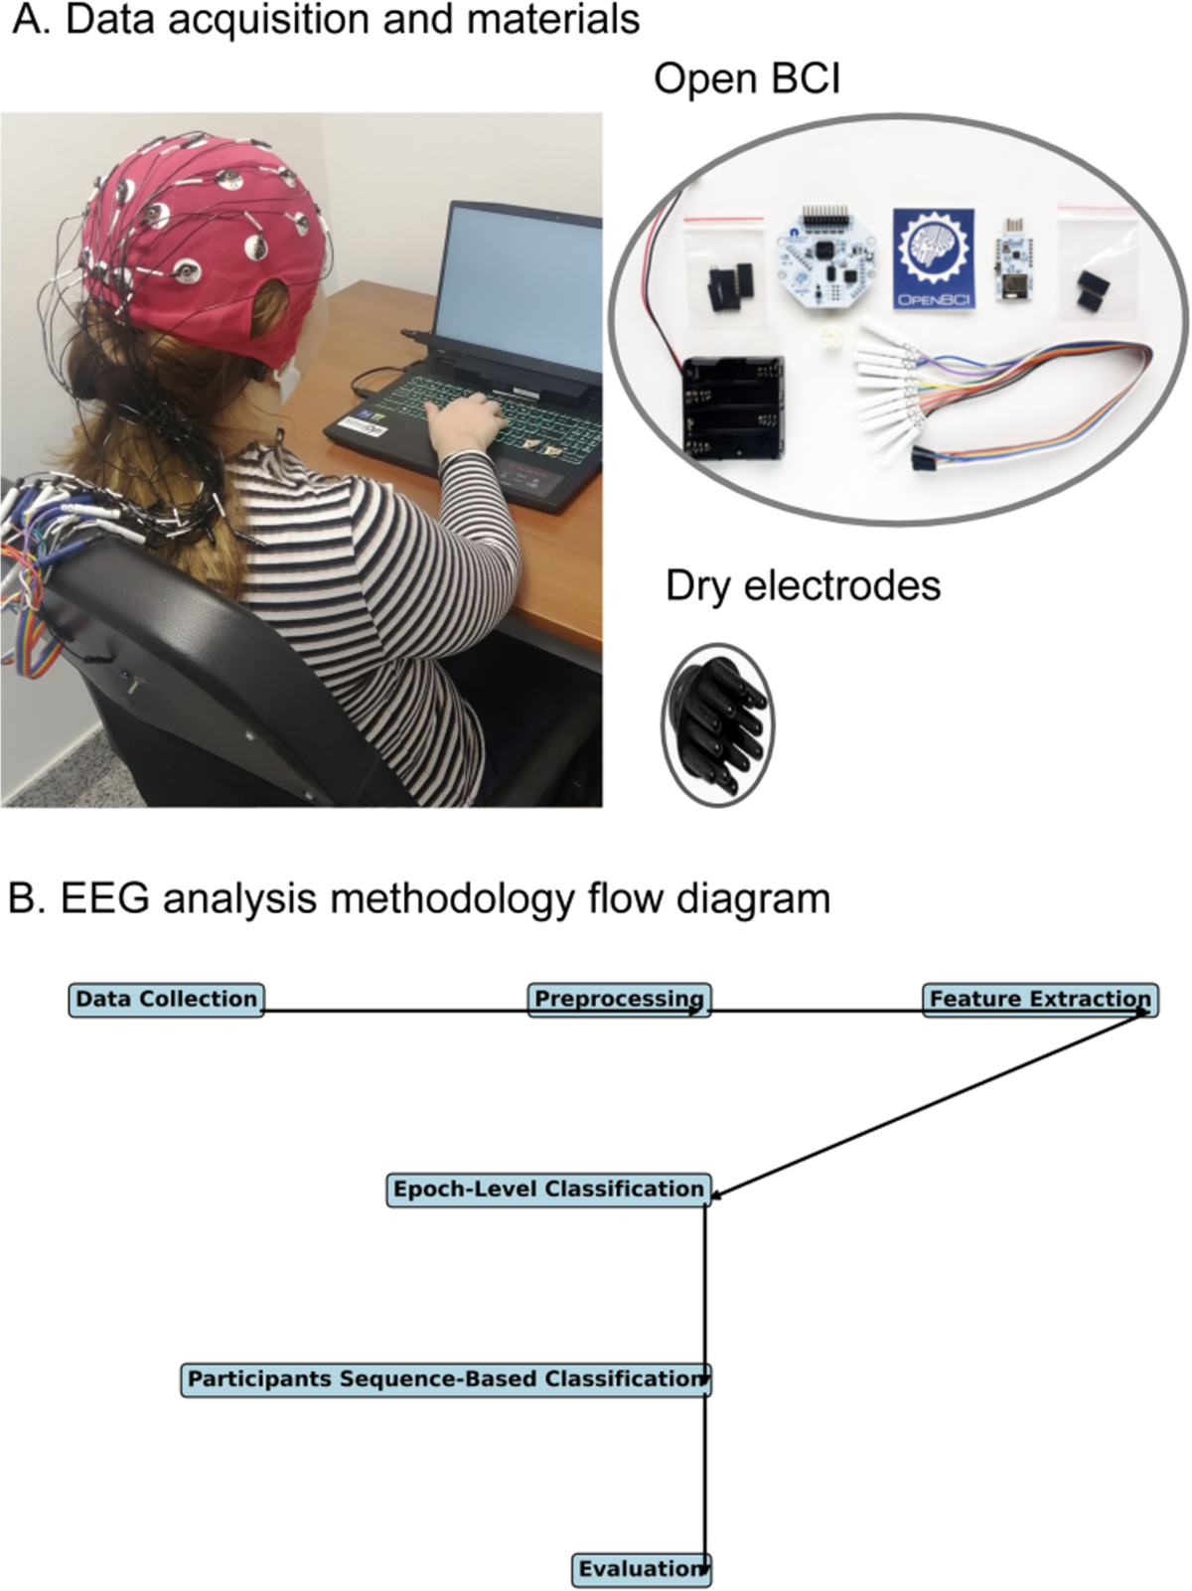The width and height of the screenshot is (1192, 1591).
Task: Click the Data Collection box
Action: [x=166, y=999]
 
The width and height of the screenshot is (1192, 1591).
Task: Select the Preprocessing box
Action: [x=619, y=999]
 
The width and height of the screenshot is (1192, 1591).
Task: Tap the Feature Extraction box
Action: [x=1040, y=999]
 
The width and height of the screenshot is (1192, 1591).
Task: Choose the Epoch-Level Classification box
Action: [x=548, y=1190]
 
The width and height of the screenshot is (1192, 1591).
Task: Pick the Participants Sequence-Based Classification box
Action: [x=446, y=1379]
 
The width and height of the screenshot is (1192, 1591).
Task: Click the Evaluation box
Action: [x=642, y=1569]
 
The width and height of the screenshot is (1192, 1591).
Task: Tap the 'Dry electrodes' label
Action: [x=803, y=585]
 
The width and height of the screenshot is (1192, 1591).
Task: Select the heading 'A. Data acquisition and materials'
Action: [x=326, y=20]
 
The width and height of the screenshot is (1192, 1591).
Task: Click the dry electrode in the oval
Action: [x=717, y=721]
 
